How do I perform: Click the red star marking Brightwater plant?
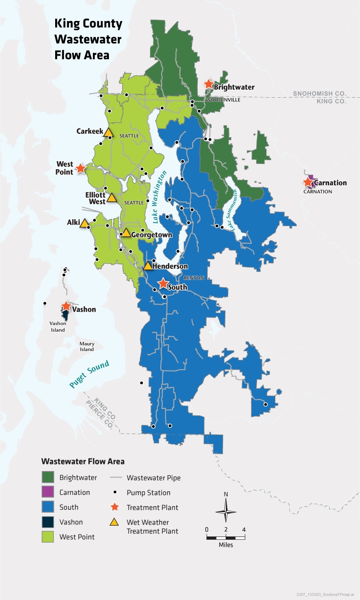(x=209, y=84)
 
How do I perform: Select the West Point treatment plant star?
(x=80, y=168)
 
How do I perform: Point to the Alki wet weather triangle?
(x=84, y=224)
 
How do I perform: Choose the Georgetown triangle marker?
(x=126, y=233)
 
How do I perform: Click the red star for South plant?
(x=163, y=284)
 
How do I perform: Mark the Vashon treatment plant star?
(x=66, y=307)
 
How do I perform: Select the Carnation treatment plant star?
(x=308, y=182)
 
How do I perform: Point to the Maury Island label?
(x=86, y=346)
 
